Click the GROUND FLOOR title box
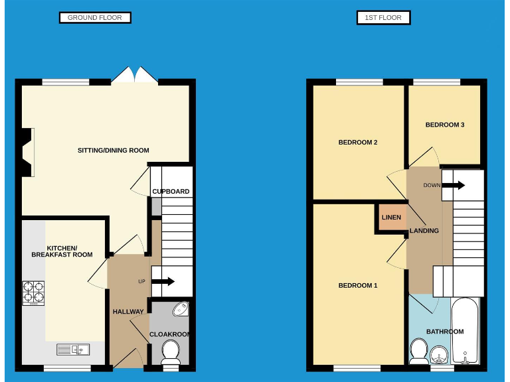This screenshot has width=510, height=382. point(95,18)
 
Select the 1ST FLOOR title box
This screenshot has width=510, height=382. point(383,18)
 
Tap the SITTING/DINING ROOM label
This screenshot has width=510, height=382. point(113,151)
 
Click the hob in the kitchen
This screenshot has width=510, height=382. point(34,292)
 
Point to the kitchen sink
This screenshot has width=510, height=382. point(73,349)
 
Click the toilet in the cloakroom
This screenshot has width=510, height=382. point(171,351)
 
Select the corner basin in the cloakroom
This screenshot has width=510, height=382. point(181,310)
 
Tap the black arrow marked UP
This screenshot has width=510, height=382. point(163,282)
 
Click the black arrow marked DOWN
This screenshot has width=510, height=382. point(454,186)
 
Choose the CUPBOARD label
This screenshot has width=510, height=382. point(171,192)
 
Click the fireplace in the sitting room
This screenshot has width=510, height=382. point(27,153)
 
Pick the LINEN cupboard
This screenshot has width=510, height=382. point(390,218)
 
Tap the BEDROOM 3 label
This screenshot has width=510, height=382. point(444,125)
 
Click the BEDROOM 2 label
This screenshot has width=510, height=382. point(357,143)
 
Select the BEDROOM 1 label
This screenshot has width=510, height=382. point(357,286)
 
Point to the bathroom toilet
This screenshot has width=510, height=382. point(418,351)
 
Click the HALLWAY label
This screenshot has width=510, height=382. point(127,312)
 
